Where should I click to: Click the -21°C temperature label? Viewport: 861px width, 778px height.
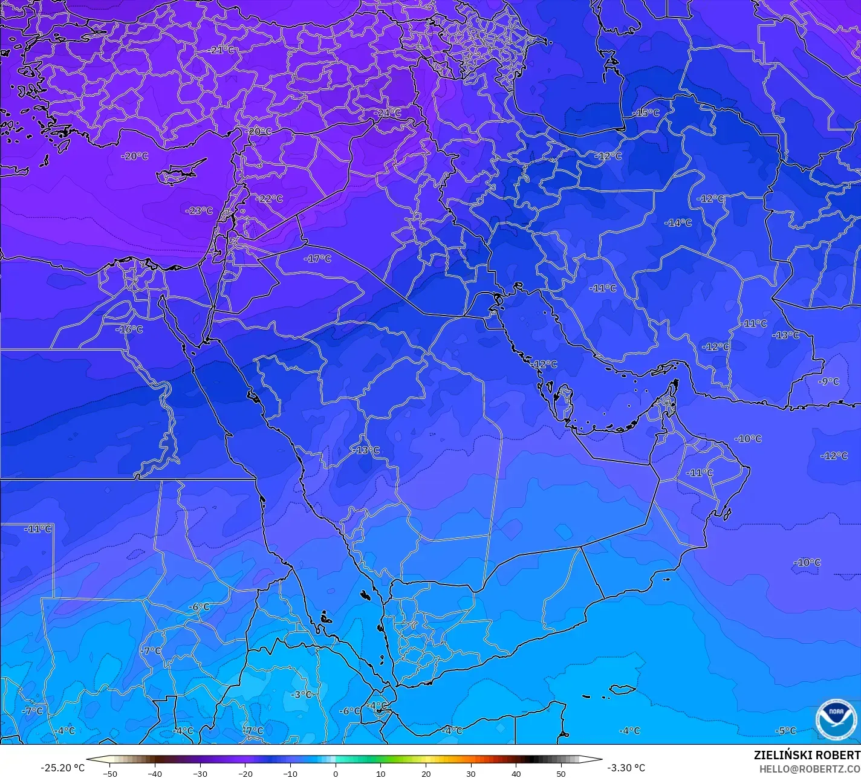point(221,50)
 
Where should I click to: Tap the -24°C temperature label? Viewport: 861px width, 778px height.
point(387,113)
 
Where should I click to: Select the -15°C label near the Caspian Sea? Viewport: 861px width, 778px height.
point(646,113)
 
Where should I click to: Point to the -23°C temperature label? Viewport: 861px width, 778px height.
point(199,211)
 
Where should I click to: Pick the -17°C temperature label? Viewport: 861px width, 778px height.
point(317,259)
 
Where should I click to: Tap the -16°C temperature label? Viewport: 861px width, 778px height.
point(129,329)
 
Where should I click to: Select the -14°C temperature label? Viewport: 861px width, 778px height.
point(678,222)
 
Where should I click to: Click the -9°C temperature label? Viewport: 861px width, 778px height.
point(828,381)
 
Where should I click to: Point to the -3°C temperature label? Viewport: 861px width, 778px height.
point(301,695)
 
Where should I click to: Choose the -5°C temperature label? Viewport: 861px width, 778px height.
point(785,731)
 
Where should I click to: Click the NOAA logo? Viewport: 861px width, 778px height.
point(836,719)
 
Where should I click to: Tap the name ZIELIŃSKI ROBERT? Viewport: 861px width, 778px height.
point(807,755)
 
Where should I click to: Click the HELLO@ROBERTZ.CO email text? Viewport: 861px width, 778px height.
point(810,768)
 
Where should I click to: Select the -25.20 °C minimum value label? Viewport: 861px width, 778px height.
point(62,768)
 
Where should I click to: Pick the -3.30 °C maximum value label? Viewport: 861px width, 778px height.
point(626,768)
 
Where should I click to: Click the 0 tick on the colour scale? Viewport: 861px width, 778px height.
point(336,773)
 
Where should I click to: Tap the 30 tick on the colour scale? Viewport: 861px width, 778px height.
point(471,773)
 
